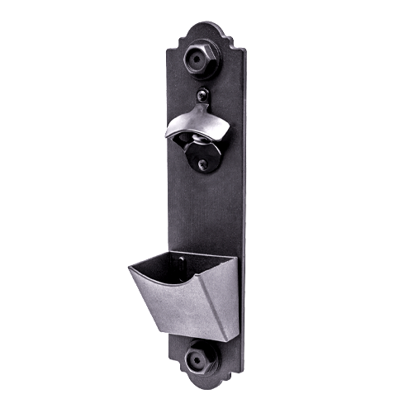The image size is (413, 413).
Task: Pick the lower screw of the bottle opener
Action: pyautogui.click(x=202, y=164)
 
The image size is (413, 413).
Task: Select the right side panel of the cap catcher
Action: pyautogui.click(x=225, y=293)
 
